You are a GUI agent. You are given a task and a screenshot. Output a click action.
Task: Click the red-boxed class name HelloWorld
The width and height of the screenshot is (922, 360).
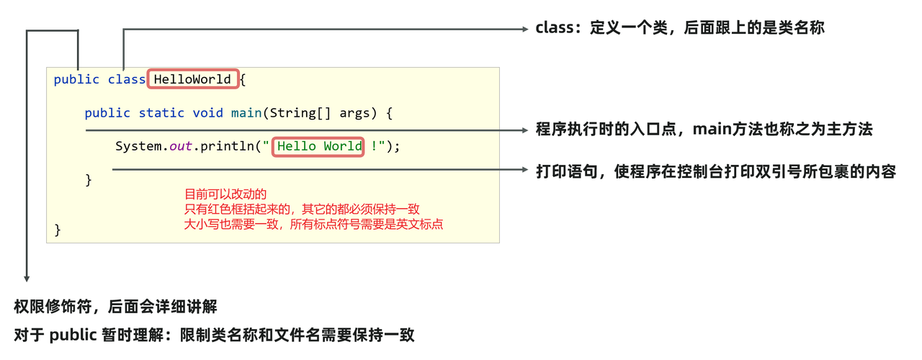point(192,79)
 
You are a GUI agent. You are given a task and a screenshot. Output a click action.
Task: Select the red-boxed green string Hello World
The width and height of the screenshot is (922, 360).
point(319,146)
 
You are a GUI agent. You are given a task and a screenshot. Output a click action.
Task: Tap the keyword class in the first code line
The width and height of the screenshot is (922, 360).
point(126,79)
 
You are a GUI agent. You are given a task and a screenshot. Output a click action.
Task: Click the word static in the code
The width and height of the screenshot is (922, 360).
point(161,113)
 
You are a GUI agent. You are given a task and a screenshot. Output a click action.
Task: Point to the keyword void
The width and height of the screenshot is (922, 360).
point(207,113)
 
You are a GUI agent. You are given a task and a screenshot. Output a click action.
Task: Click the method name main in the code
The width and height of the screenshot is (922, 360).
point(246,113)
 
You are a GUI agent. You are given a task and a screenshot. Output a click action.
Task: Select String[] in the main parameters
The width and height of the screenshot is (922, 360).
point(300,113)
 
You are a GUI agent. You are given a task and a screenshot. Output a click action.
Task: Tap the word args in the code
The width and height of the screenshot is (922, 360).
point(354,114)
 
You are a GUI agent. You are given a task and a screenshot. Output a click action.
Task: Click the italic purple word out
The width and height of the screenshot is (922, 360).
point(181,146)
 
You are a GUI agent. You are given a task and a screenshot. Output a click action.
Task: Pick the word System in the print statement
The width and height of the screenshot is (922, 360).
point(138,146)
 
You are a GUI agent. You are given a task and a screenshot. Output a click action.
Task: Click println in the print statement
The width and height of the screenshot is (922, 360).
point(227,146)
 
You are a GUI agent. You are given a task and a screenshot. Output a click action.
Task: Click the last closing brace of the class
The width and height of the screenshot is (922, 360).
point(58,230)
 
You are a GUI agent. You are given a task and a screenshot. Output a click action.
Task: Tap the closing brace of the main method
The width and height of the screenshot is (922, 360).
point(89,180)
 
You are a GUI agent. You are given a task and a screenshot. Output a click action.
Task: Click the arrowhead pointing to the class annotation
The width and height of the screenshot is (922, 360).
point(525,29)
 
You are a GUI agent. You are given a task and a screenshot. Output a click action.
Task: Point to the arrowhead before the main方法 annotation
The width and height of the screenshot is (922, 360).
point(525,130)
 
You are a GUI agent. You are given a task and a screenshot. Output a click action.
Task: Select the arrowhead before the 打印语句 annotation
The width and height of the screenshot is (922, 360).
point(525,169)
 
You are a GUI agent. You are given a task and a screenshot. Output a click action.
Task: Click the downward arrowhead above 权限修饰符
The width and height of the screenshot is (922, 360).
point(27,279)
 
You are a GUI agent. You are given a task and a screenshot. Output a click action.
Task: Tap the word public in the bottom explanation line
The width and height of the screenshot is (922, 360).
point(73,335)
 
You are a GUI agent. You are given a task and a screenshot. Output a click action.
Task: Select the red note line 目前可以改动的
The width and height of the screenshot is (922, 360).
point(225,194)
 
